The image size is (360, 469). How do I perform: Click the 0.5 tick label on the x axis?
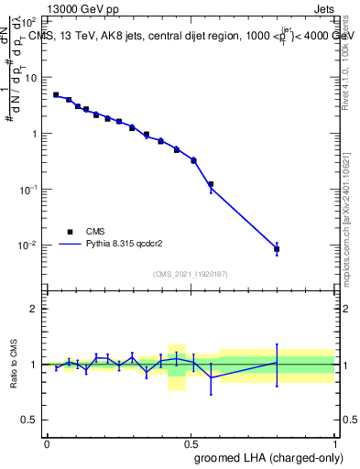pos(190,443)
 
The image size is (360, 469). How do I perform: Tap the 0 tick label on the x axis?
pos(47,443)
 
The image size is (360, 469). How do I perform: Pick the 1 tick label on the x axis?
pos(333,443)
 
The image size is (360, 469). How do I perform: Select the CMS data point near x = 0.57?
pos(211,185)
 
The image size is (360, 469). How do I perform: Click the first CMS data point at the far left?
pos(56,94)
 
